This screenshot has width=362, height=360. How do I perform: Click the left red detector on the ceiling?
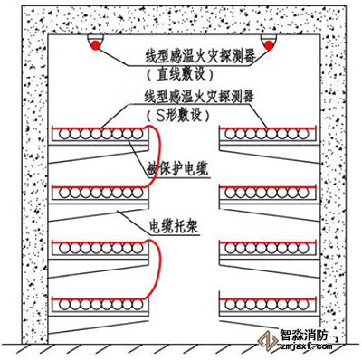[94, 45]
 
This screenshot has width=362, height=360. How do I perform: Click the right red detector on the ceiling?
[268, 45]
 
